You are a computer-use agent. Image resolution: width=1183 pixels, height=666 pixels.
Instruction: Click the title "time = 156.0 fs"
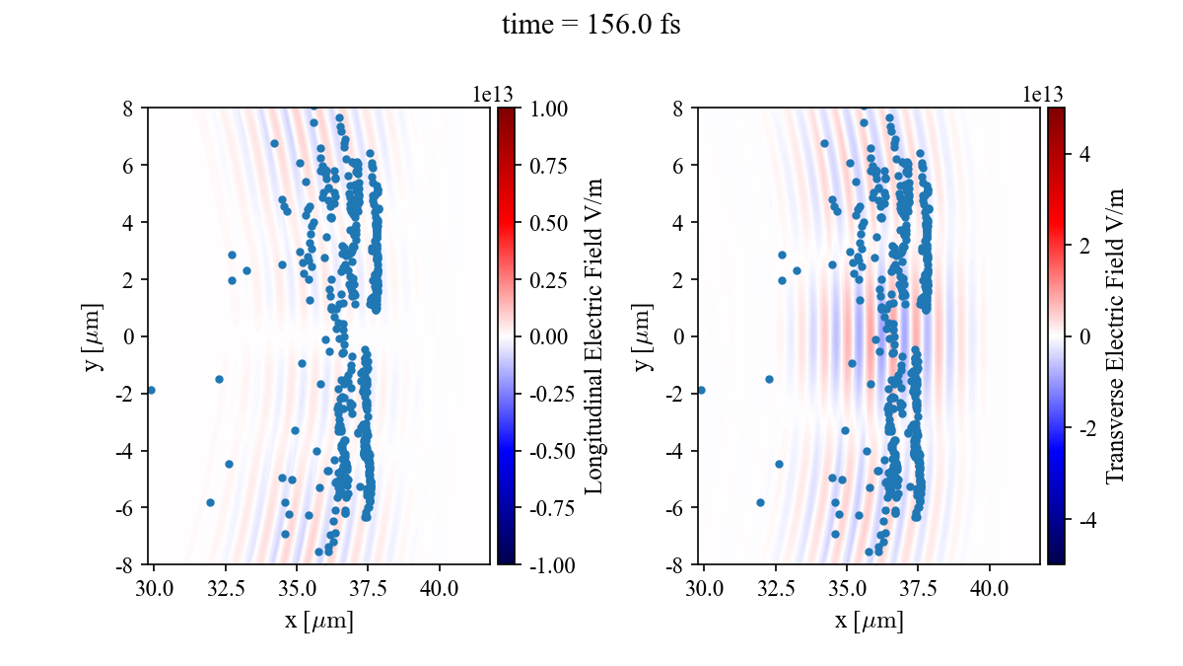591,25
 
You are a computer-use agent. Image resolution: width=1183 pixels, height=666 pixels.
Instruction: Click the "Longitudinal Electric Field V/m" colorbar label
594,335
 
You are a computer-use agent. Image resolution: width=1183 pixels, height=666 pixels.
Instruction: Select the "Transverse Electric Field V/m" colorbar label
1115,335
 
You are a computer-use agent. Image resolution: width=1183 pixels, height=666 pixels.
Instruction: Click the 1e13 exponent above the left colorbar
494,94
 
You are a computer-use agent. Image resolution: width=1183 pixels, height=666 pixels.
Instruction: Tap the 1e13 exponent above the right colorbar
1043,94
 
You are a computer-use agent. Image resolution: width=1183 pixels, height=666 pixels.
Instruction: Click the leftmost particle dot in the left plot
151,390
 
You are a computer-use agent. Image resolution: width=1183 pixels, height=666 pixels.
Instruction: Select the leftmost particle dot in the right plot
701,390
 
